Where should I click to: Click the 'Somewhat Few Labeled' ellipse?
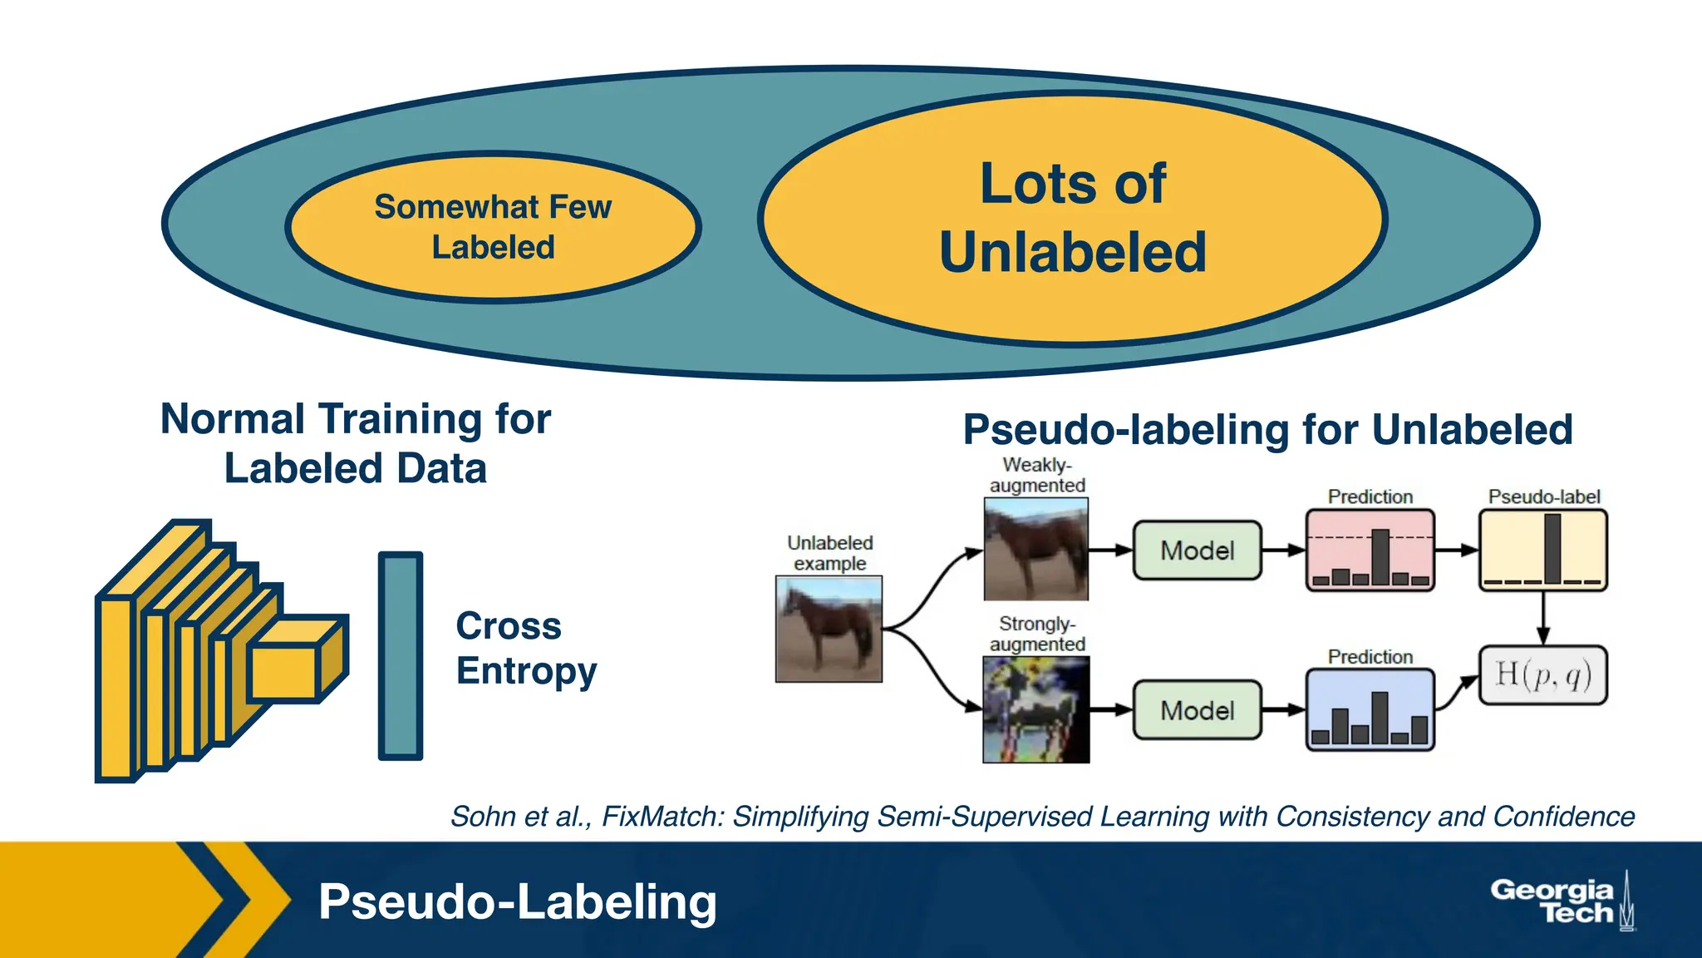(x=493, y=227)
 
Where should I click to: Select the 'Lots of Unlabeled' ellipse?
(x=1072, y=219)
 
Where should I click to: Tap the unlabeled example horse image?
(x=829, y=629)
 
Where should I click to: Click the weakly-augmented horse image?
(x=1035, y=549)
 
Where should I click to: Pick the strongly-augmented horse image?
(x=1035, y=709)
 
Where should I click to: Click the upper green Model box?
(x=1197, y=550)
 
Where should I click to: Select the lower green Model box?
(x=1197, y=710)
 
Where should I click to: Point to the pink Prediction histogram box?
(x=1370, y=550)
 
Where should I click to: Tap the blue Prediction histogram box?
(x=1370, y=710)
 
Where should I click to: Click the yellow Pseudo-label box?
(x=1542, y=550)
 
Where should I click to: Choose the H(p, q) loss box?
(x=1542, y=674)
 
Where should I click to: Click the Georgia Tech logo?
(x=1561, y=901)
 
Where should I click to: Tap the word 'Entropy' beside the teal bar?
(x=526, y=671)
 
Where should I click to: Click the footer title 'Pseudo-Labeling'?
(x=517, y=901)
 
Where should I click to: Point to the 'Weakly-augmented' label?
(x=1037, y=475)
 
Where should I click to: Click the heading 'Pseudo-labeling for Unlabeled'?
(x=1267, y=430)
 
